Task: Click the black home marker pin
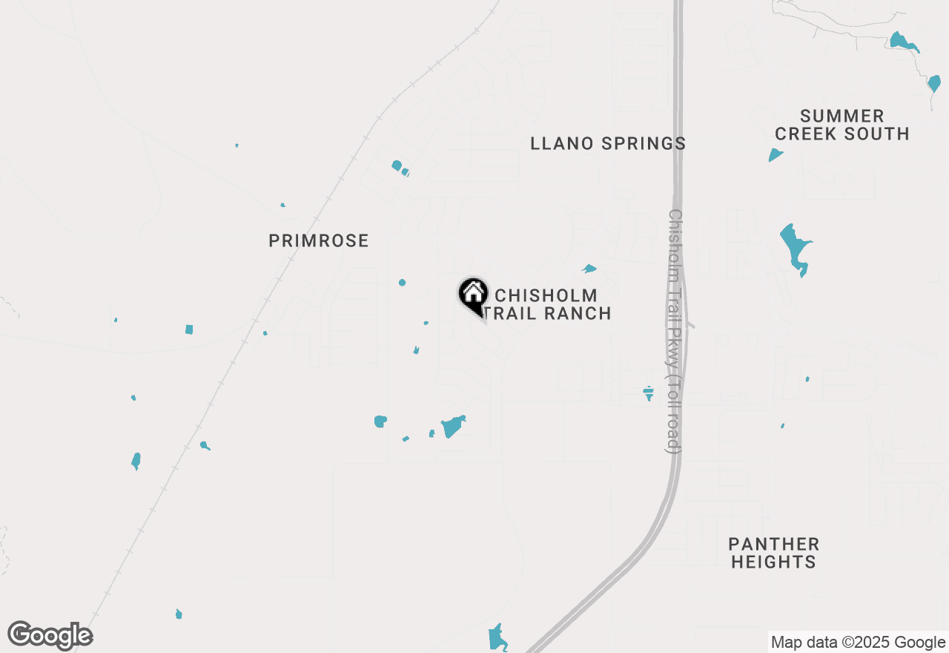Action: [473, 295]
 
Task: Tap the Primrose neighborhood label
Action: [318, 240]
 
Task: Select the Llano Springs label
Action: [608, 143]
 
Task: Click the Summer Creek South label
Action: [841, 125]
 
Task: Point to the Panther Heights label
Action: [773, 553]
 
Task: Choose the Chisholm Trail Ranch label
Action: [549, 304]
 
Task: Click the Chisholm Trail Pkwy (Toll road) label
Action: [674, 330]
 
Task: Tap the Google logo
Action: [50, 636]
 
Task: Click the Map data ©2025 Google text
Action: [858, 643]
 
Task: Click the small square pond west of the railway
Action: [189, 329]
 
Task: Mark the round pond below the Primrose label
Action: [402, 283]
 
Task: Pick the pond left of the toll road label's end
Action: [649, 393]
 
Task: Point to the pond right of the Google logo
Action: [179, 614]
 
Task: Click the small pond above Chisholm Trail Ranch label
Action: [589, 269]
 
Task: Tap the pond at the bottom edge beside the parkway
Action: [497, 637]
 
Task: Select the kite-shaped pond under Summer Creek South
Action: [775, 155]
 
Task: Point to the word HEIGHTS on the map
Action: [773, 562]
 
